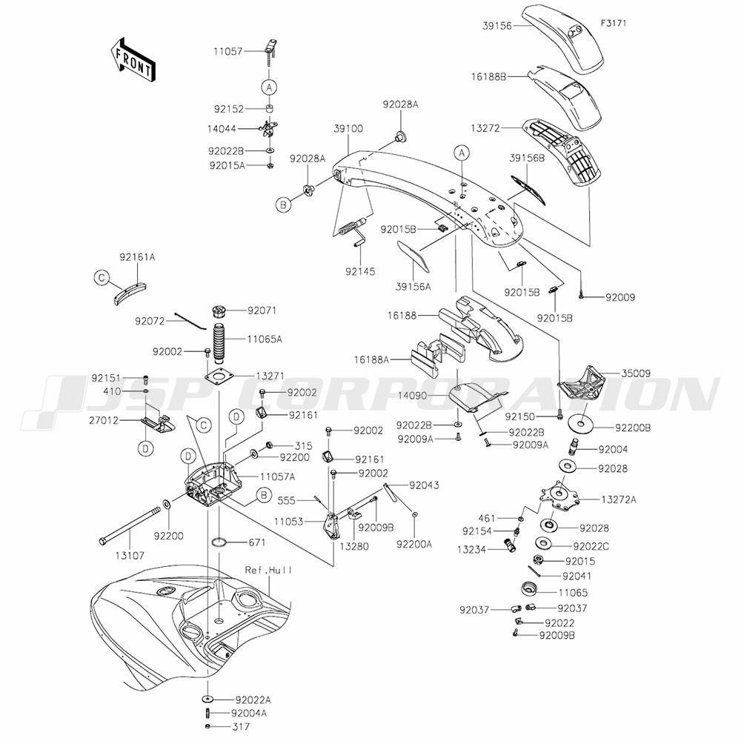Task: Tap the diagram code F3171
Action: click(614, 23)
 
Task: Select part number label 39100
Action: click(348, 128)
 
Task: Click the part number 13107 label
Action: click(130, 556)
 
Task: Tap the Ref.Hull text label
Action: click(268, 571)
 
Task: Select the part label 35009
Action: click(636, 373)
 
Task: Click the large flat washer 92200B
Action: click(581, 423)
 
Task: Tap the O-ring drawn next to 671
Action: click(221, 542)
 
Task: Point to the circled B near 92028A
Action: click(283, 205)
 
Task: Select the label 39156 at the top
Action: click(497, 26)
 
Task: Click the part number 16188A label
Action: click(371, 360)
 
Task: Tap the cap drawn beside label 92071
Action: click(220, 312)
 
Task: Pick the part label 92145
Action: click(360, 271)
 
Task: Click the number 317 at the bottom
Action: click(241, 726)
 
